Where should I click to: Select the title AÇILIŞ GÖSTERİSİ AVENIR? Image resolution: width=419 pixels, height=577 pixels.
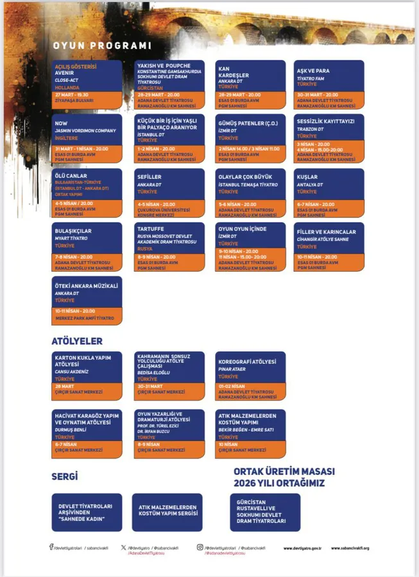pos(75,69)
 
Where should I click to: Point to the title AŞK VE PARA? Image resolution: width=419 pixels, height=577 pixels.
pos(313,71)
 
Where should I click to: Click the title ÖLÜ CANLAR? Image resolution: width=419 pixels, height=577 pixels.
pos(71,176)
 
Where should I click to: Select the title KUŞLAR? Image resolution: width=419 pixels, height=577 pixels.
pos(307,176)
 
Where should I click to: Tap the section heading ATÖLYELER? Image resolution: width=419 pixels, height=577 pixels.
pos(77,341)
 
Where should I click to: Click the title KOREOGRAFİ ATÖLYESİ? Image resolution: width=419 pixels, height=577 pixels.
pos(248,362)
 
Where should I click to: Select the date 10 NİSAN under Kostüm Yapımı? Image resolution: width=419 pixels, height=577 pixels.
pos(228,444)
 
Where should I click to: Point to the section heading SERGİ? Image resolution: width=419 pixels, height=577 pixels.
pos(64,476)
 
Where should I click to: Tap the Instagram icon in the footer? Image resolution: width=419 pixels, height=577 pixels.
pos(200,547)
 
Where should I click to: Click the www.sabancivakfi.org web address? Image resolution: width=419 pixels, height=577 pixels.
pos(350,548)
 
